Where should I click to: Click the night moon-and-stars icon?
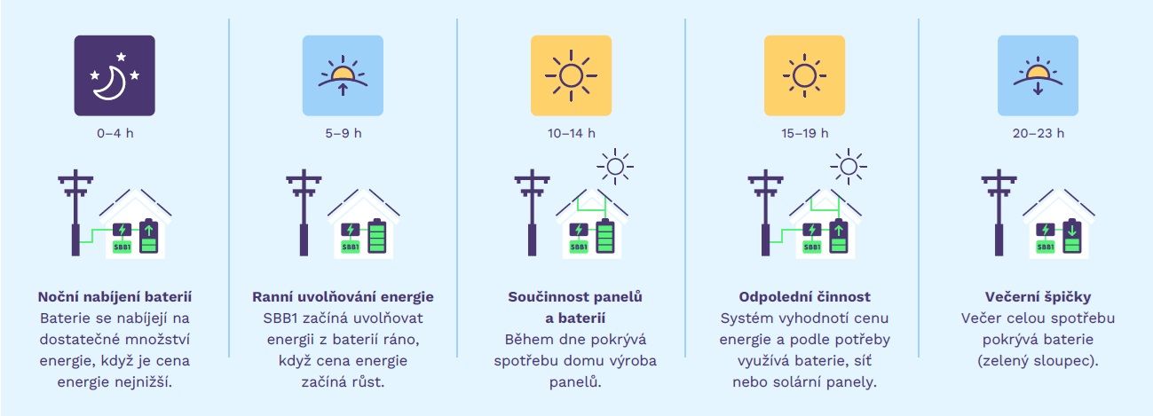click(x=115, y=75)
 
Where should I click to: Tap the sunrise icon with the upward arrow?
click(x=343, y=75)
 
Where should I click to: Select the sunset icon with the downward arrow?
click(x=1038, y=75)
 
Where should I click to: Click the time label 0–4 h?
click(x=115, y=133)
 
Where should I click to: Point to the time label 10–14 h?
click(x=572, y=133)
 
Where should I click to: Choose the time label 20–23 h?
click(x=1038, y=133)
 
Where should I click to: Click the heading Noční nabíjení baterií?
click(x=115, y=297)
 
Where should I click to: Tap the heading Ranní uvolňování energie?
click(x=343, y=297)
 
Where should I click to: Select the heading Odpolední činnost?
click(x=804, y=297)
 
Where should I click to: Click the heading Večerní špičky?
click(x=1038, y=297)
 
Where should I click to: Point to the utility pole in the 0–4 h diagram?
click(x=75, y=212)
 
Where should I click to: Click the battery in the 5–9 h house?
click(x=377, y=236)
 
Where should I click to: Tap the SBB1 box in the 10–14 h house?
click(x=579, y=247)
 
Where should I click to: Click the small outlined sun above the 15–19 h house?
click(x=849, y=167)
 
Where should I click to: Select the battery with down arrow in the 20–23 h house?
click(x=1072, y=236)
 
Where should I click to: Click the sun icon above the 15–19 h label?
click(x=804, y=75)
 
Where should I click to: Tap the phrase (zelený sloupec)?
click(x=1038, y=361)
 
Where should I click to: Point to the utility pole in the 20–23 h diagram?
click(x=999, y=212)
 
